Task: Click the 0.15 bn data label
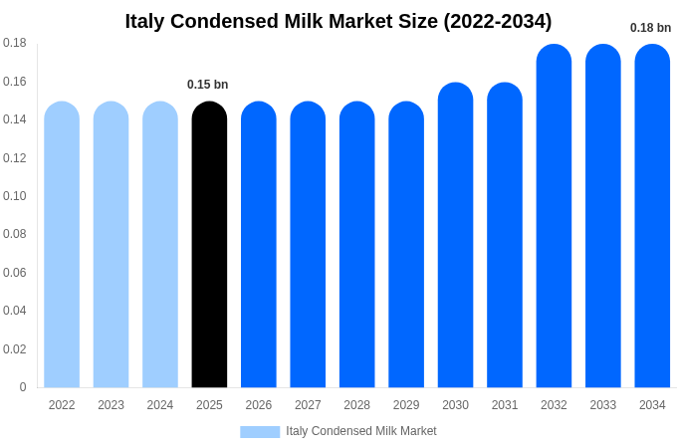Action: (x=208, y=85)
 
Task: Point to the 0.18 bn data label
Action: (x=650, y=28)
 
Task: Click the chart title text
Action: (x=338, y=21)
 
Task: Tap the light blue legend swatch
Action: (x=260, y=431)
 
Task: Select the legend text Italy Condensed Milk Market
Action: (x=361, y=431)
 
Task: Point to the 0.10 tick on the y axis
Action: (x=15, y=196)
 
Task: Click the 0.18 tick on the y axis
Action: (x=15, y=43)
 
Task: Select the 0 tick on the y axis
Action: (x=23, y=387)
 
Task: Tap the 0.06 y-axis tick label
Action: (x=15, y=273)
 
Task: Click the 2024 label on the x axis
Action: (x=160, y=405)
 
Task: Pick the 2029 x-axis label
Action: (x=406, y=405)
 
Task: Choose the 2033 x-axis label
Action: (x=603, y=405)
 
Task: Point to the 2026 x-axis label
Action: (x=259, y=405)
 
